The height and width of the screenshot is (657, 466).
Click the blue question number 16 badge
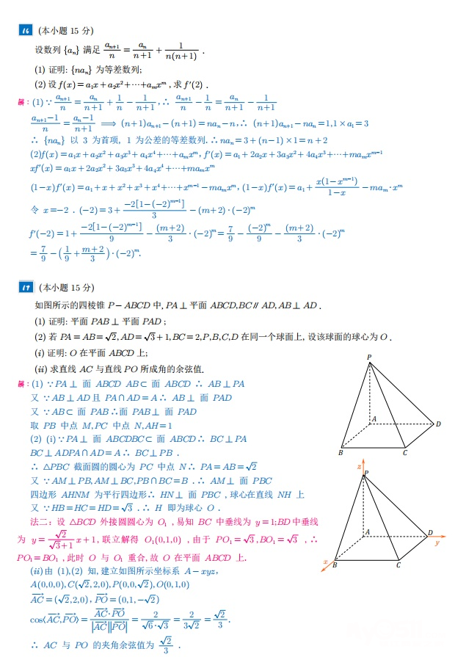[x=25, y=30]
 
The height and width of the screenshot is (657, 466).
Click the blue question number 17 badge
[x=25, y=287]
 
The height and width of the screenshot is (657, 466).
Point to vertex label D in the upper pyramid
[x=438, y=424]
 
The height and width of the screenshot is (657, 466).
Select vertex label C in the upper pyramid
[x=404, y=453]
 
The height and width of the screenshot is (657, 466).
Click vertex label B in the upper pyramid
[x=341, y=453]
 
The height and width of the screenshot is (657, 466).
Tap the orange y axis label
[x=436, y=543]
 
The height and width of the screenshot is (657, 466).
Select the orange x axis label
[x=326, y=562]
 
